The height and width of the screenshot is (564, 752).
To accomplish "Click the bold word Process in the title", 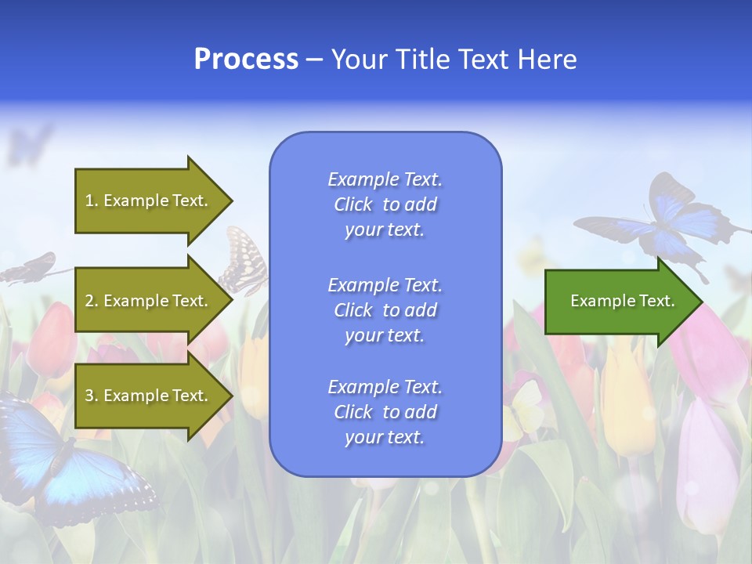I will tap(246, 60).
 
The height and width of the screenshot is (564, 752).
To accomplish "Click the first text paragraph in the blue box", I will tap(385, 204).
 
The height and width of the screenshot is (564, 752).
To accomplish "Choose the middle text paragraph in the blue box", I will tap(385, 310).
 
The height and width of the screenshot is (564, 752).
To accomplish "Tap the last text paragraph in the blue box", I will tap(385, 412).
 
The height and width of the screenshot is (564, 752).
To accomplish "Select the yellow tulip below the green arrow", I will tap(627, 399).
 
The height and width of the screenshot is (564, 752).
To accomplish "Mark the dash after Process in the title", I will tap(315, 60).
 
